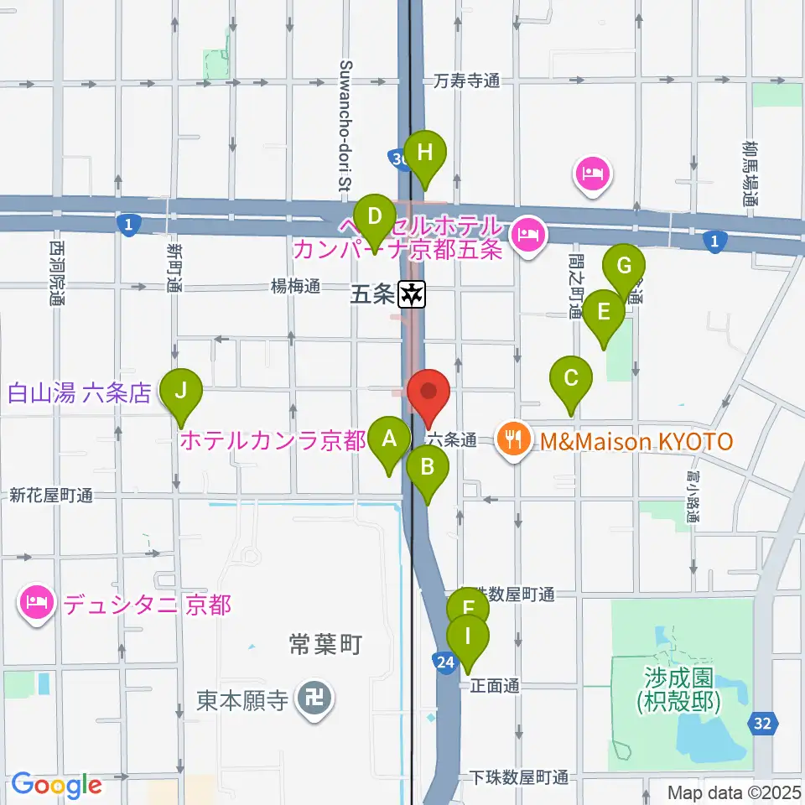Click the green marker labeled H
pos(426,153)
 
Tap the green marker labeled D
pos(374,216)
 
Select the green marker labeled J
pos(181,391)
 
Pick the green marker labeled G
pos(624,267)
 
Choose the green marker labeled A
pos(389,439)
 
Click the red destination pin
pos(428,392)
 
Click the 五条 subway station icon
pos(413,294)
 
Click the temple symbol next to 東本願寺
pos(316,699)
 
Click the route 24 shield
pos(447,664)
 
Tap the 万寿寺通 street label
pos(466,81)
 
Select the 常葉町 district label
pos(327,645)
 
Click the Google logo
pos(56,785)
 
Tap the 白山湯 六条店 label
pos(80,392)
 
